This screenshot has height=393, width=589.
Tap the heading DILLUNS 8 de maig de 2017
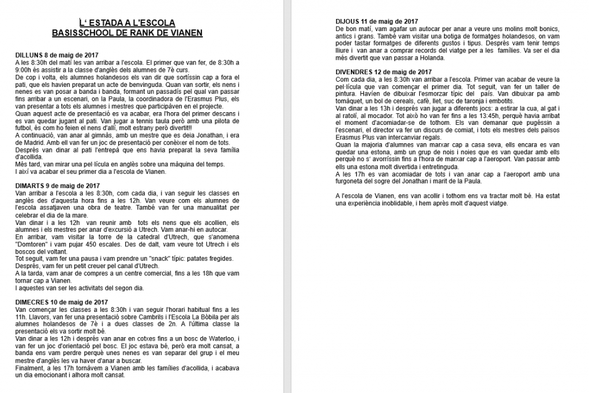coord(58,55)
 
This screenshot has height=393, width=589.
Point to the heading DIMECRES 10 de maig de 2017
coord(62,303)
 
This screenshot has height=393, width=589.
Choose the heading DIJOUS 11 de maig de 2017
coord(376,21)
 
